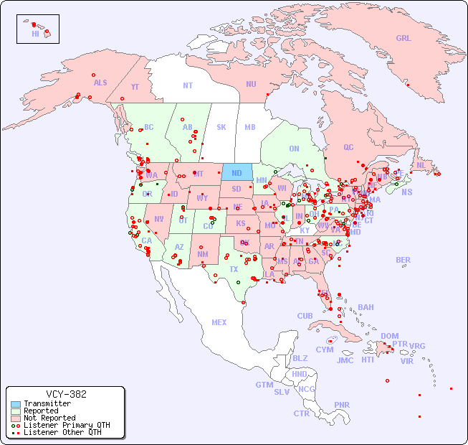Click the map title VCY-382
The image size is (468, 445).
click(66, 394)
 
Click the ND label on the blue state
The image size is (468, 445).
click(237, 173)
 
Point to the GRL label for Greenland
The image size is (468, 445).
click(403, 38)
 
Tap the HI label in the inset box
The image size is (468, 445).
click(35, 34)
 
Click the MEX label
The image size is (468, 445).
click(219, 322)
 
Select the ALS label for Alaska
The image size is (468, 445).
click(100, 83)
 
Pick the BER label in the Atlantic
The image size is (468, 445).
click(403, 260)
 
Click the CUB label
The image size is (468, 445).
click(305, 316)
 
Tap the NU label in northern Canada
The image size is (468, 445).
click(251, 84)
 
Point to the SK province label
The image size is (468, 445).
click(221, 127)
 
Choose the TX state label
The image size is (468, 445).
click(234, 269)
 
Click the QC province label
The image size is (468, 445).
click(348, 147)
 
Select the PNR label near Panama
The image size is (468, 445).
click(342, 405)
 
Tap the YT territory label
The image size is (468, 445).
click(135, 87)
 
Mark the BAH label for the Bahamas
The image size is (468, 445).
click(366, 307)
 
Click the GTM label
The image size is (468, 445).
click(264, 385)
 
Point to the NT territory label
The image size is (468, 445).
click(187, 85)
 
